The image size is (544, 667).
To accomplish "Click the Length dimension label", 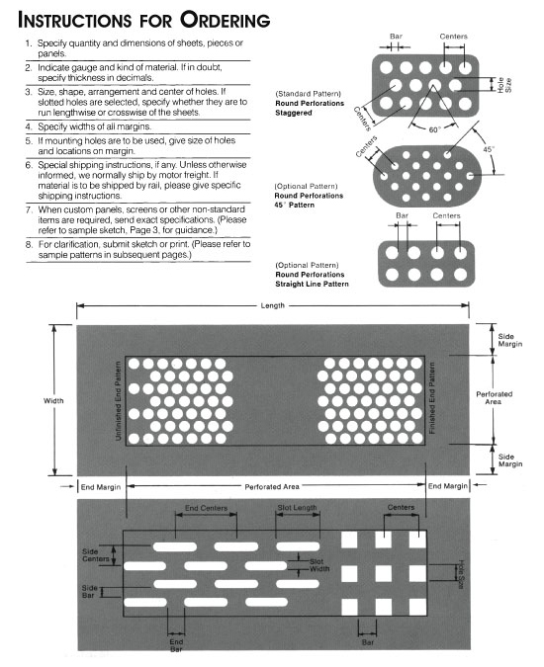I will click(x=271, y=306).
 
